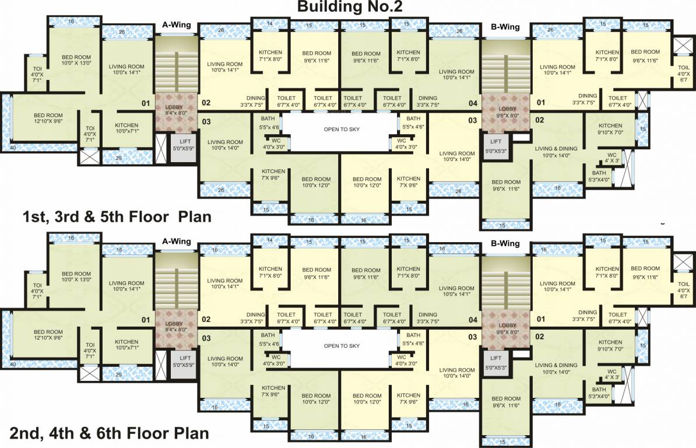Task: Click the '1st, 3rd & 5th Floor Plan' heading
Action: pyautogui.click(x=117, y=217)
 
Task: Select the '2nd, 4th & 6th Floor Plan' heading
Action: pyautogui.click(x=109, y=433)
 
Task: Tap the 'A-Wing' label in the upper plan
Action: pyautogui.click(x=177, y=26)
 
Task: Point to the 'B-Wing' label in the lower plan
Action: pyautogui.click(x=505, y=243)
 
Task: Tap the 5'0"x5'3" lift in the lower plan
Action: pyautogui.click(x=495, y=362)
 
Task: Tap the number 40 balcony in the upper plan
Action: pyautogui.click(x=13, y=148)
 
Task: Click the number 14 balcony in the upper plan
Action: pyautogui.click(x=269, y=24)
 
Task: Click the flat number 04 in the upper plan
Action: pyautogui.click(x=473, y=103)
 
